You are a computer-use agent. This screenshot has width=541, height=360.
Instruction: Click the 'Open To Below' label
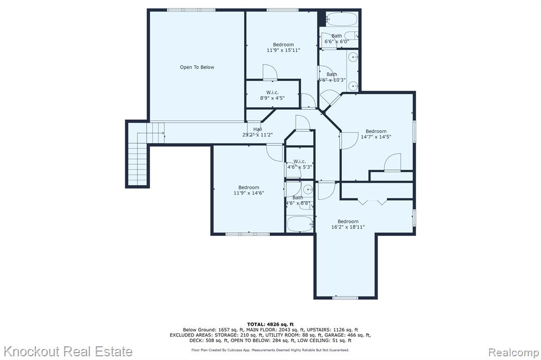(x=197, y=67)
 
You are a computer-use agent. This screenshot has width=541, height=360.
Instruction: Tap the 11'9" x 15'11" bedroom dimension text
(x=283, y=50)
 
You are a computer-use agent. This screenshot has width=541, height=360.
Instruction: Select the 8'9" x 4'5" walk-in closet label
(x=272, y=95)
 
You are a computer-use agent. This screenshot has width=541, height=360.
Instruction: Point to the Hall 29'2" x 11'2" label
(x=257, y=132)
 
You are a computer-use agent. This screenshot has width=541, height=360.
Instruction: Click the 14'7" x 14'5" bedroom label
(x=376, y=134)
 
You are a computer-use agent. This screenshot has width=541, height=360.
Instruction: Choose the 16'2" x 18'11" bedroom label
(x=348, y=224)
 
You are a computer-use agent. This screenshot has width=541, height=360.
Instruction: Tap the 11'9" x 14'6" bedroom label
(x=249, y=191)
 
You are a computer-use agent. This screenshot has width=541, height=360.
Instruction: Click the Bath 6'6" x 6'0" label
(x=337, y=39)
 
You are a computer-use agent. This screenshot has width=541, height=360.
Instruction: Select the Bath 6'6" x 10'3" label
(x=332, y=77)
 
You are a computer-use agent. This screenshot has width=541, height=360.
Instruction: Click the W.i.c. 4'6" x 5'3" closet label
(x=300, y=164)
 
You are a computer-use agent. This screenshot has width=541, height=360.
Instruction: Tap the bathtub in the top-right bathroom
(x=342, y=19)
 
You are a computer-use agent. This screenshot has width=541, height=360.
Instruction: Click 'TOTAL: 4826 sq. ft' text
(x=270, y=324)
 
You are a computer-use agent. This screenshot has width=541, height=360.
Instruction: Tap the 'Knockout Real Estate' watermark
(x=68, y=352)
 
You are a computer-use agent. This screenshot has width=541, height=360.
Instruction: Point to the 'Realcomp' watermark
(x=514, y=353)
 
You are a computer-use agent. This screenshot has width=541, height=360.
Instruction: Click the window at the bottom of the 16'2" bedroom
(x=346, y=297)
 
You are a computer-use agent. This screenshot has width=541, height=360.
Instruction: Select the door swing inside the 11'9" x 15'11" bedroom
(x=270, y=72)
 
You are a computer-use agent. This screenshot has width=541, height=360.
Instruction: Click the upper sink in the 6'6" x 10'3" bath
(x=353, y=57)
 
